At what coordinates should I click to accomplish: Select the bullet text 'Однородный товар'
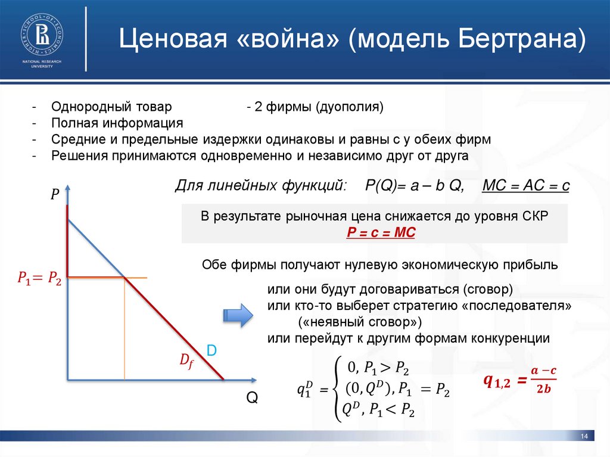click(111, 107)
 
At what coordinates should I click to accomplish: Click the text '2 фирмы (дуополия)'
click(316, 107)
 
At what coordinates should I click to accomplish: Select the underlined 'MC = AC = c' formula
click(525, 186)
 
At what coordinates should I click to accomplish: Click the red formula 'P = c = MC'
click(381, 233)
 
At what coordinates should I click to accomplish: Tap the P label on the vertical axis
click(54, 195)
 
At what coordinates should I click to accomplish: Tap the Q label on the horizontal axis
click(253, 398)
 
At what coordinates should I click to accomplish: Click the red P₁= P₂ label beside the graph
click(39, 278)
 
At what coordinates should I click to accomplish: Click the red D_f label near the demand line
click(186, 360)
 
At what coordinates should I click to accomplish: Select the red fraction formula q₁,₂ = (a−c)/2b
click(518, 380)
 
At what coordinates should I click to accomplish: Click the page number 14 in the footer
click(584, 438)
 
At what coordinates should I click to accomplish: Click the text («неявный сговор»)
click(359, 322)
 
